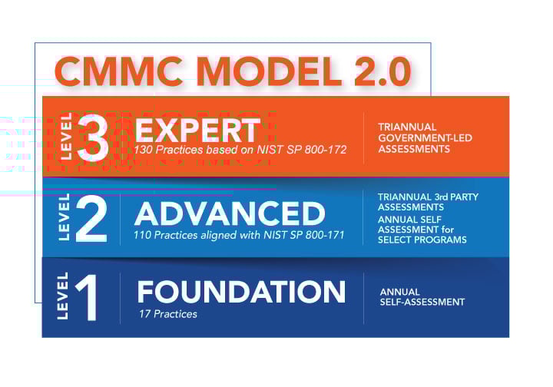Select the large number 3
[x=93, y=137]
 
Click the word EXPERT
[x=197, y=128]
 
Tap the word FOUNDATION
[x=241, y=292]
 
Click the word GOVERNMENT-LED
[x=425, y=138]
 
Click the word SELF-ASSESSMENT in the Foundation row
[x=422, y=302]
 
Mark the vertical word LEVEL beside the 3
[x=65, y=137]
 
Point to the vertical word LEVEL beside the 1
[x=64, y=296]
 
